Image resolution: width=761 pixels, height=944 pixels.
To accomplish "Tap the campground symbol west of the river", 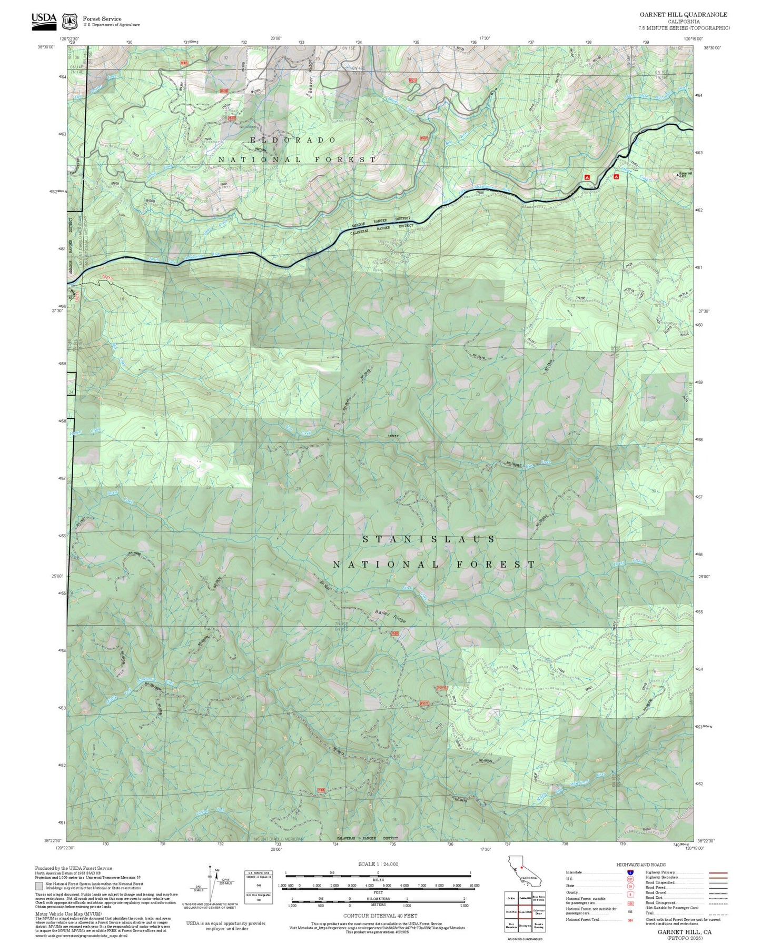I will point(587,178).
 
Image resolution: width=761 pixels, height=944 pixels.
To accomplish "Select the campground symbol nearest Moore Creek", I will point(616,177).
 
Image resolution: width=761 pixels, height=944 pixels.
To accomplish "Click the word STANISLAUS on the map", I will point(429,539).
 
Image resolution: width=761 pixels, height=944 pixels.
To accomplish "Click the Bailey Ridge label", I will point(390,617).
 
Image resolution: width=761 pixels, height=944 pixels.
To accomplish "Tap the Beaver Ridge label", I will point(311,77).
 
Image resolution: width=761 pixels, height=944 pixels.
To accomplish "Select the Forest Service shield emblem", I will point(70,22).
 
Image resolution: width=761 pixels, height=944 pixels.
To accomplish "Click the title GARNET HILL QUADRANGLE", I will point(684,15).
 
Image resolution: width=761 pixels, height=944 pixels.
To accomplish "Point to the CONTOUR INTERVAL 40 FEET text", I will point(380,916).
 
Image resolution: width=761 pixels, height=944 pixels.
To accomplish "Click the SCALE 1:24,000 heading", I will point(378,865).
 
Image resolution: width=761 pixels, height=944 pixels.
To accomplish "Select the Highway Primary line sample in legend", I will point(718,872).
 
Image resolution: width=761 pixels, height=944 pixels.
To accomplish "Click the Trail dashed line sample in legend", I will point(718,914).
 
